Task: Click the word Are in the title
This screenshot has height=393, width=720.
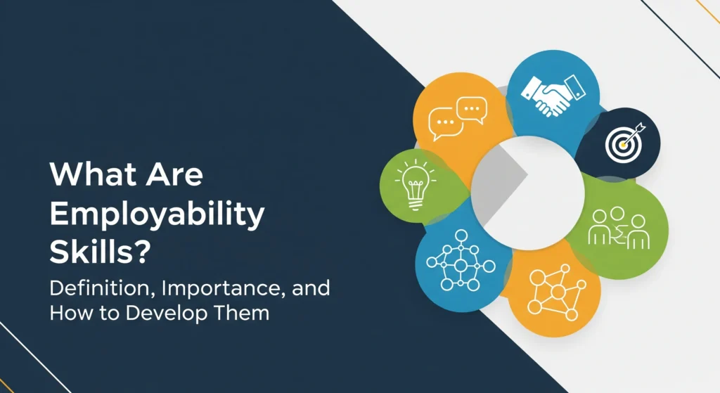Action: click(176, 174)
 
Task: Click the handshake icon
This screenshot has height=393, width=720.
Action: click(553, 94)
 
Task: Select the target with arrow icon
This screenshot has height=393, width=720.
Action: click(622, 141)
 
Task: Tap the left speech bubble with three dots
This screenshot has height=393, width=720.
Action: click(445, 127)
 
